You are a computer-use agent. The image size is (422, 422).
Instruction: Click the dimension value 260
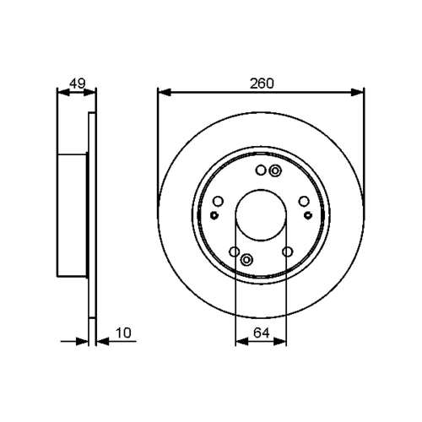coord(262,84)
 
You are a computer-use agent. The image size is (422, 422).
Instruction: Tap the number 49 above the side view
coord(78,84)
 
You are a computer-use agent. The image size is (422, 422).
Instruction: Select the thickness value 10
coord(123,333)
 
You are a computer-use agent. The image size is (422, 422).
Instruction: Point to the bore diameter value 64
coord(262,333)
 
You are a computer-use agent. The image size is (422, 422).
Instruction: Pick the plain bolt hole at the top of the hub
coord(261,170)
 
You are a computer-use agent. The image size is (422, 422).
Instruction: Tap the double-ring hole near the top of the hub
coord(275,170)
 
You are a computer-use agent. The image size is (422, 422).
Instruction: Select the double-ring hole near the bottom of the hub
coord(246,259)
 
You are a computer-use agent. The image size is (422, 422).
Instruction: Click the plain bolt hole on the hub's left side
coord(218,202)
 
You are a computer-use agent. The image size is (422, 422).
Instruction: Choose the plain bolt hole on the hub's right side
coord(304,202)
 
